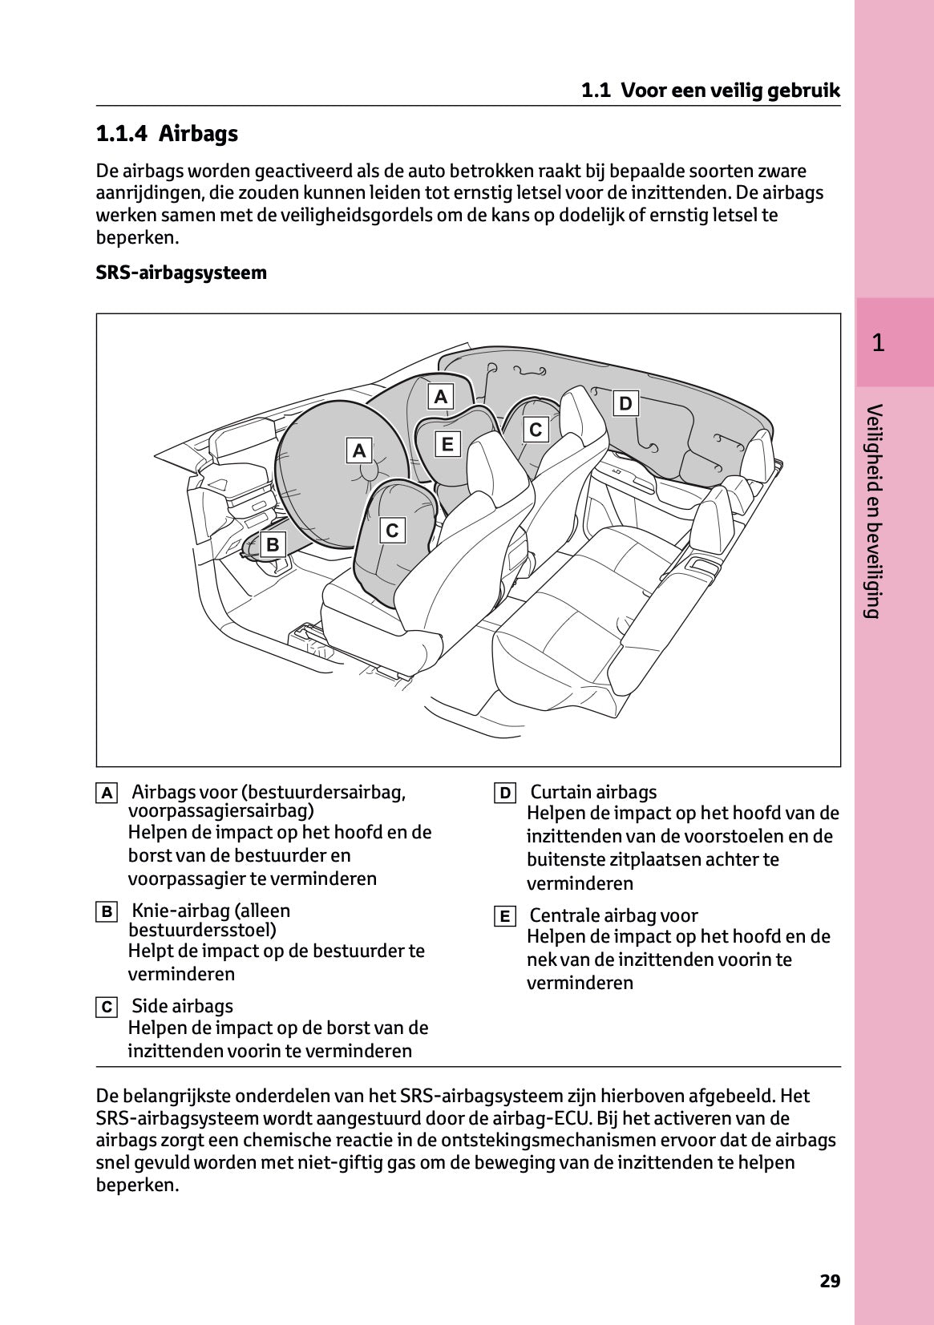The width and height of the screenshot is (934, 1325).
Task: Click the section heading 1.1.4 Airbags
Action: pos(167,133)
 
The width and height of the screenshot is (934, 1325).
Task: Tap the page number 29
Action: pos(830,1280)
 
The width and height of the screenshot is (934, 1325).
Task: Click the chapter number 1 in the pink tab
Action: pos(878,343)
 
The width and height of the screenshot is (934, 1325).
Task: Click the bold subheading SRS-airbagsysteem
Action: pos(181,273)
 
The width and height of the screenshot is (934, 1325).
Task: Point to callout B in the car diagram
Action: pos(273,544)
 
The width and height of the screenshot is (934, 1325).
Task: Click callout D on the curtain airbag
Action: pos(625,403)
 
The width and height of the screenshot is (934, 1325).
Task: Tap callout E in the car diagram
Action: pos(447,443)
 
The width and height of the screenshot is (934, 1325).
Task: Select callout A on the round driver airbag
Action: pos(358,450)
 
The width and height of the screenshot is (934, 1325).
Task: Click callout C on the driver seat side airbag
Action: pos(391,530)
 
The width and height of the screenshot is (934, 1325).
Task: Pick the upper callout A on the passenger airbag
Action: pos(440,396)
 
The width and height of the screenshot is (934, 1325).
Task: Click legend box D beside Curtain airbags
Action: pos(504,794)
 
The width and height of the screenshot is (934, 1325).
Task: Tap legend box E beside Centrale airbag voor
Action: pos(504,916)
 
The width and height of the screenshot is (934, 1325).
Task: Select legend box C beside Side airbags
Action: pos(106,1007)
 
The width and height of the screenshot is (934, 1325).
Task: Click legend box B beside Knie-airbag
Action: pos(106,911)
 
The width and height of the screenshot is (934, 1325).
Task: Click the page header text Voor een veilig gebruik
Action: pos(730,91)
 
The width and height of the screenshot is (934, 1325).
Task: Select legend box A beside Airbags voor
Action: pos(106,794)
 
